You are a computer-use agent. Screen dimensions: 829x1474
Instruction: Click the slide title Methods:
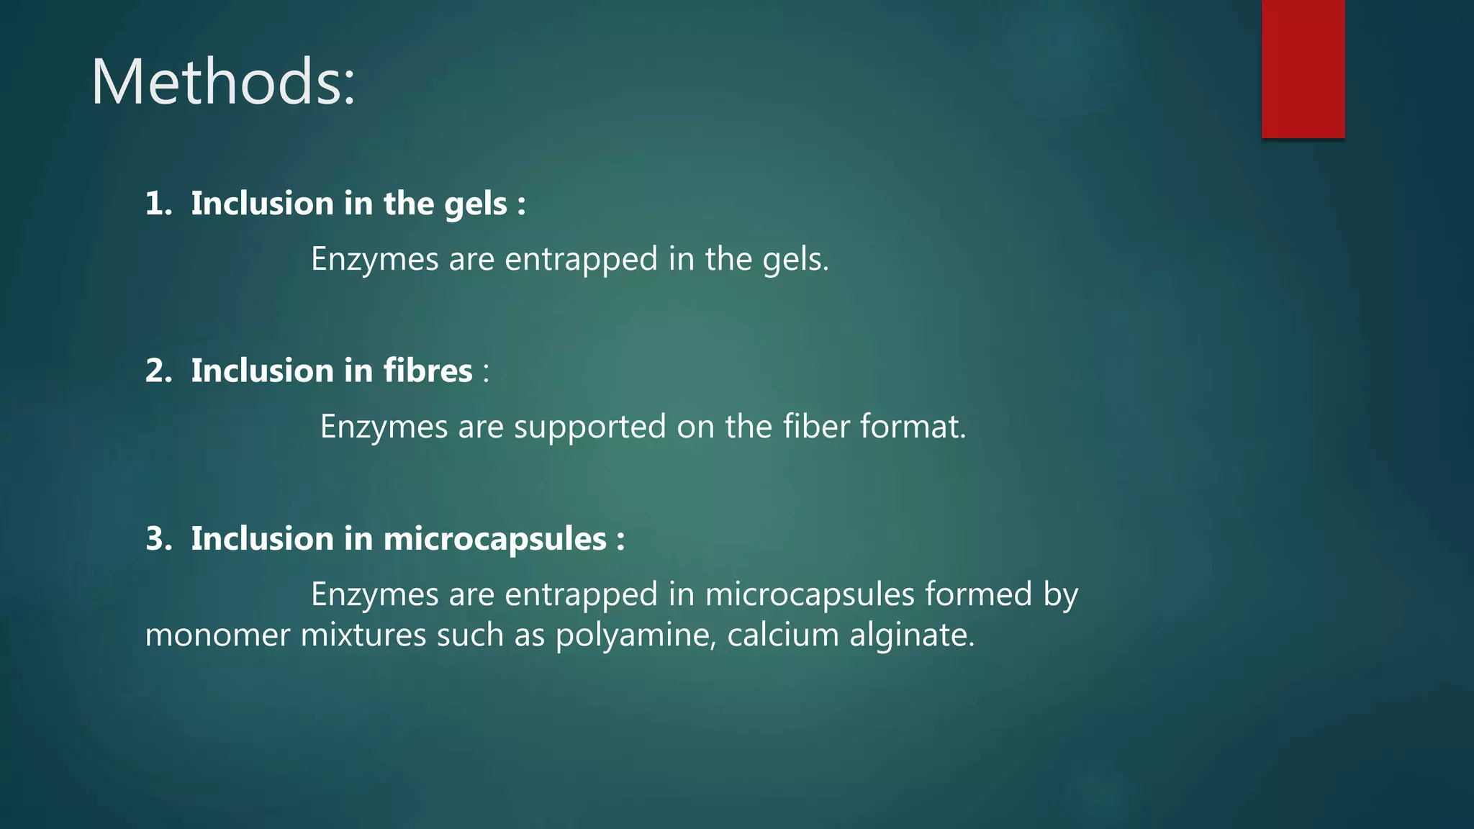pyautogui.click(x=223, y=82)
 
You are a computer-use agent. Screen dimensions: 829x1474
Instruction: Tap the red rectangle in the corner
pyautogui.click(x=1303, y=69)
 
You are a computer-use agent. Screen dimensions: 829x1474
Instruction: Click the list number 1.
pyautogui.click(x=158, y=204)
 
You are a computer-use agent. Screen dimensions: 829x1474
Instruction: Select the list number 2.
pyautogui.click(x=158, y=371)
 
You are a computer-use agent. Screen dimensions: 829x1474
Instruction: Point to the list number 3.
pyautogui.click(x=158, y=539)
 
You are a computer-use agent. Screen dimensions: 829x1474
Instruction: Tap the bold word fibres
pyautogui.click(x=428, y=371)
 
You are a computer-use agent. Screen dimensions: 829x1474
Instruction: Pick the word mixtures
pyautogui.click(x=363, y=635)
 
